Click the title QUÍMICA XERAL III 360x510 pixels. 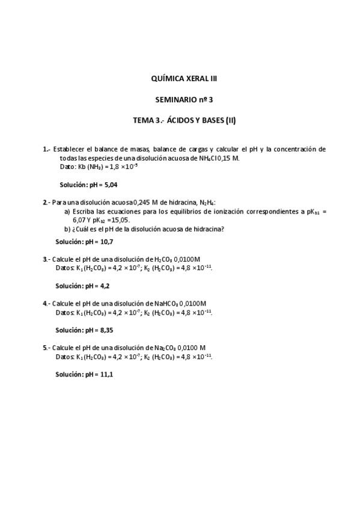tap(184, 78)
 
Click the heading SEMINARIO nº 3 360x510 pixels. tap(184, 99)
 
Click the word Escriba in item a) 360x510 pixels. tap(84, 211)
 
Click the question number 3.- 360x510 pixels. tap(46, 259)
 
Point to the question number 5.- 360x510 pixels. tap(46, 348)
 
